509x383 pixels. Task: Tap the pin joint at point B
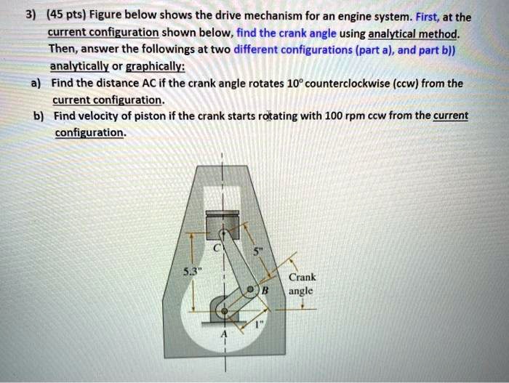tap(251, 290)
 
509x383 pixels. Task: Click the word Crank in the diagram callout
tap(302, 277)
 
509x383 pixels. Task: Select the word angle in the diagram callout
tap(301, 290)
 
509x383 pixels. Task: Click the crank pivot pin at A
tap(224, 311)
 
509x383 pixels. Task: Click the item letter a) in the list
tap(36, 83)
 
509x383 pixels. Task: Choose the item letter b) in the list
tap(38, 116)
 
